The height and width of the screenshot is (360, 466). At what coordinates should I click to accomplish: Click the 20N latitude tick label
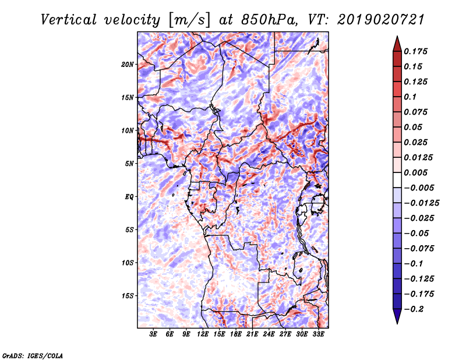pyautogui.click(x=128, y=64)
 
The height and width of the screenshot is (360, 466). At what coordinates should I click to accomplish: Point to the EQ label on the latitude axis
pyautogui.click(x=129, y=196)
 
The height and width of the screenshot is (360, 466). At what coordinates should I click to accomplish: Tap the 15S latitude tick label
pyautogui.click(x=128, y=295)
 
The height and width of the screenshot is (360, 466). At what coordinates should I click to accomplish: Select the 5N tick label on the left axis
pyautogui.click(x=129, y=163)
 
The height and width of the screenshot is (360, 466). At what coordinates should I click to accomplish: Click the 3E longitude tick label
pyautogui.click(x=154, y=334)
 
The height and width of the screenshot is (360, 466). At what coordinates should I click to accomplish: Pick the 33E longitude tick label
pyautogui.click(x=319, y=334)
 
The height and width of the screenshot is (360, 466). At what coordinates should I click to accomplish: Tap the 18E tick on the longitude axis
pyautogui.click(x=236, y=334)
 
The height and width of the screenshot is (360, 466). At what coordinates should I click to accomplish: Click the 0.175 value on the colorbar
pyautogui.click(x=417, y=51)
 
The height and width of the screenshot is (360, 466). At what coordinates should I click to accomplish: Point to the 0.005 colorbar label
pyautogui.click(x=417, y=172)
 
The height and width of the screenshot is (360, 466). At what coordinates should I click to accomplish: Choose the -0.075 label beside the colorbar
pyautogui.click(x=421, y=248)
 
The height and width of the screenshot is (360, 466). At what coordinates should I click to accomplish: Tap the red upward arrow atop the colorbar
pyautogui.click(x=396, y=43)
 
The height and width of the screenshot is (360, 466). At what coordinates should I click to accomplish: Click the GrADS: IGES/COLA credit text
pyautogui.click(x=32, y=355)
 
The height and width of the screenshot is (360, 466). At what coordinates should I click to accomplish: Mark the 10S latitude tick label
pyautogui.click(x=128, y=262)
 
